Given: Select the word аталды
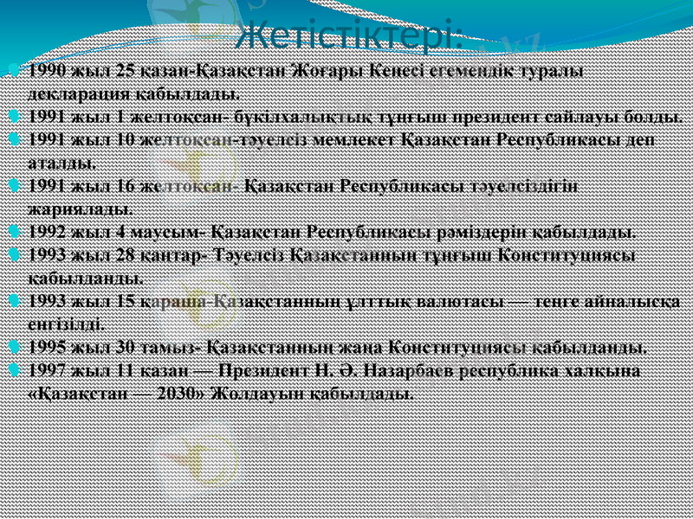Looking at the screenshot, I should [62, 161].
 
